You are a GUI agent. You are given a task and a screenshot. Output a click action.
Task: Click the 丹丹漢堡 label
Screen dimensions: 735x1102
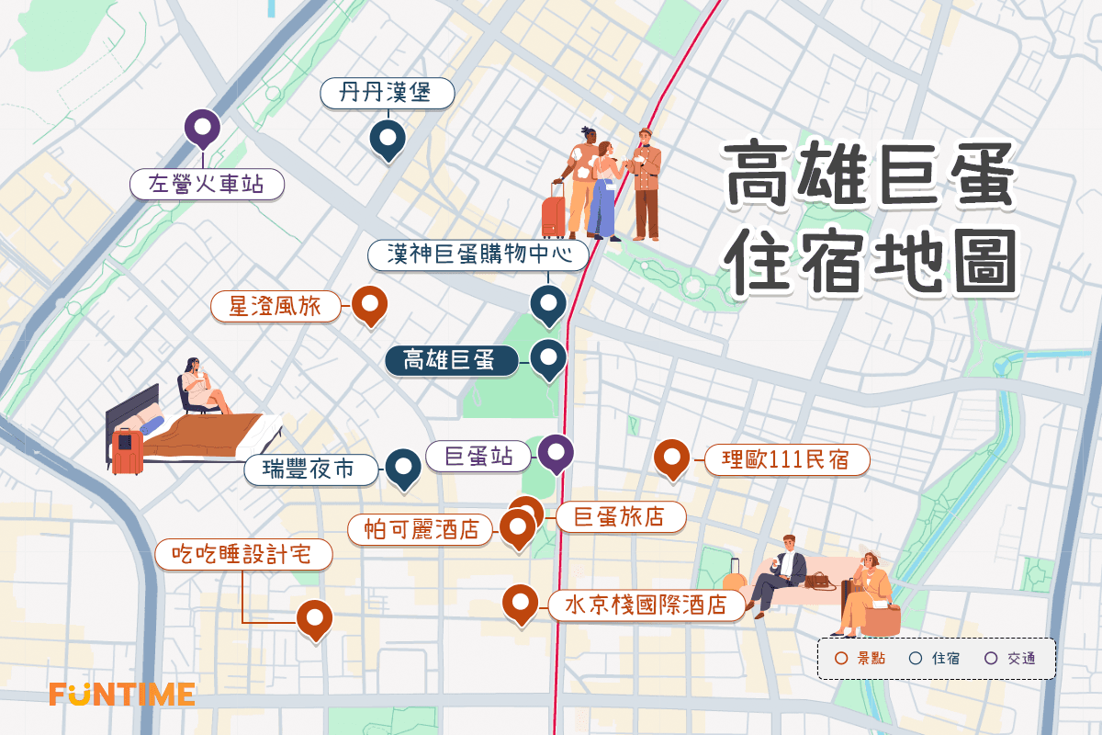point(388,94)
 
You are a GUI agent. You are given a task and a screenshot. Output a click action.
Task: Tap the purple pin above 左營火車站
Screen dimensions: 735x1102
point(202,129)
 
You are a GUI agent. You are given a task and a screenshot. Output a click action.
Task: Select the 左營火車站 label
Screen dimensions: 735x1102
point(206,185)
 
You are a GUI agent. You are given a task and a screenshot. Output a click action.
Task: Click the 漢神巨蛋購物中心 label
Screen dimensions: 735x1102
point(478,254)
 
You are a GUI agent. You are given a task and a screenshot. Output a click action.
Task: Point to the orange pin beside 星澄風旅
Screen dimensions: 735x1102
point(369,305)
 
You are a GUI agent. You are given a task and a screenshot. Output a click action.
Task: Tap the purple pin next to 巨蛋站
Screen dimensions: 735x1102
point(556,452)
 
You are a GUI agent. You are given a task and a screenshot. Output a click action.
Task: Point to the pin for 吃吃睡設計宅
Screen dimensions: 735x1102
point(314,618)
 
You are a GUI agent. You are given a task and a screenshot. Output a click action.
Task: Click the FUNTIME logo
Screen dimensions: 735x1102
point(122,694)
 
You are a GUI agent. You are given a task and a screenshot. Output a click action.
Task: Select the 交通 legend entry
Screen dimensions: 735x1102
point(1012,659)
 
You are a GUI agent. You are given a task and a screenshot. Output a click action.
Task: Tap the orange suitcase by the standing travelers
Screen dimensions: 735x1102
point(554,214)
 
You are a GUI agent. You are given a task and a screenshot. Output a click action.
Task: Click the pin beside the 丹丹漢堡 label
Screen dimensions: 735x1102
point(388,140)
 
